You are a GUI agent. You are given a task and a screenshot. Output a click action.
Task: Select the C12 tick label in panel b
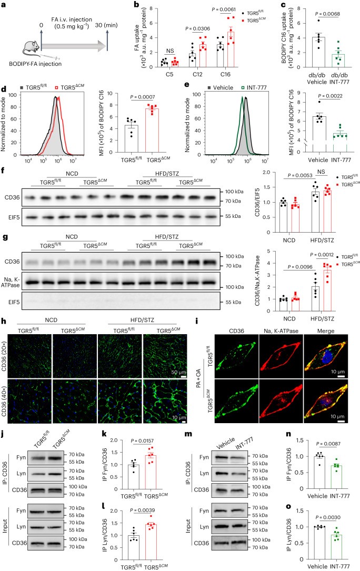(x=195, y=76)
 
